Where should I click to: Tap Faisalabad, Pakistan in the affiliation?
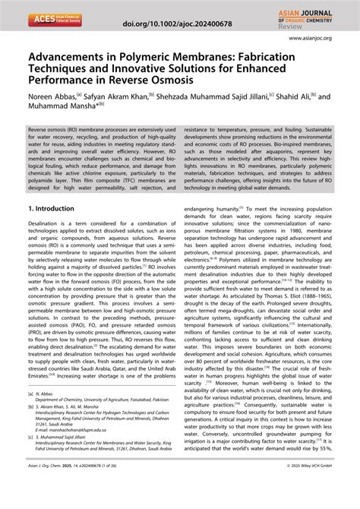click(158, 422)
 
